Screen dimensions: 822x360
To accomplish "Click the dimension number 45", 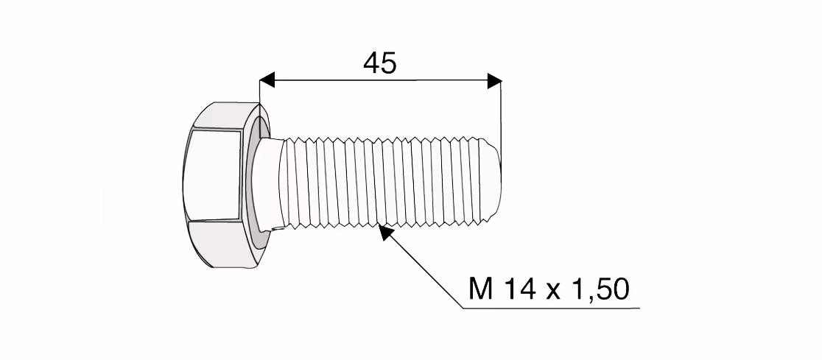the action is click(380, 63).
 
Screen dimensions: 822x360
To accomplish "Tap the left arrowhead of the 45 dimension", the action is click(267, 80).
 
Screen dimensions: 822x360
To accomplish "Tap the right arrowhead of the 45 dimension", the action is click(494, 81).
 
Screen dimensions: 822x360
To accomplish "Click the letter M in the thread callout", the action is click(481, 289).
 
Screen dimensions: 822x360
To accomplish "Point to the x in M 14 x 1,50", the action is click(554, 292).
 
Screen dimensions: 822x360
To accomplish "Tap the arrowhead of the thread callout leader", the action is click(385, 232).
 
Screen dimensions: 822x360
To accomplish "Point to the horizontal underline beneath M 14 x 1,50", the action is click(552, 308).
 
